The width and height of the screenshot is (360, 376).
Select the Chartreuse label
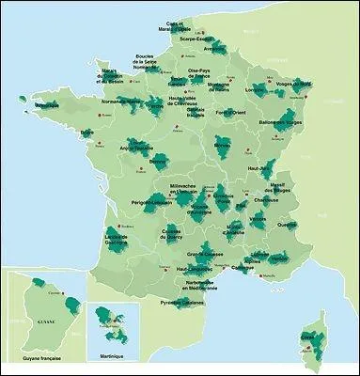pyautogui.click(x=273, y=201)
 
